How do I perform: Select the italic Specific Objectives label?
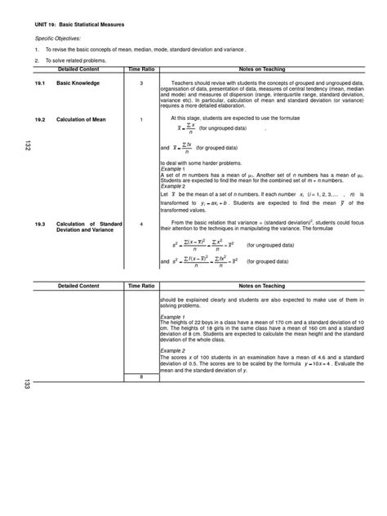(56, 38)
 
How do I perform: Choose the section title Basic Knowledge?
(78, 83)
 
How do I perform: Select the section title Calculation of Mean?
(82, 119)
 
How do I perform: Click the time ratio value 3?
(141, 83)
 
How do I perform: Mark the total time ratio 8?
(141, 376)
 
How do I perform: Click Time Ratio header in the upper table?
(141, 72)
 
